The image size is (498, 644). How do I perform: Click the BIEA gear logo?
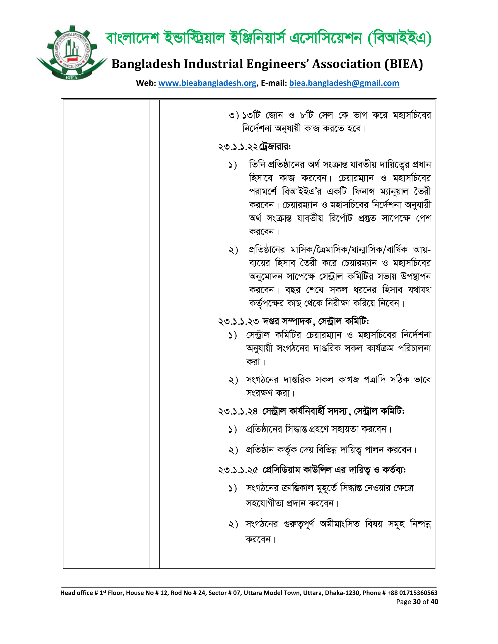point(71,53)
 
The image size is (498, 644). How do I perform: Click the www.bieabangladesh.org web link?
point(207,83)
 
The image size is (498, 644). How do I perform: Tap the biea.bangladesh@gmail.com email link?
point(344,83)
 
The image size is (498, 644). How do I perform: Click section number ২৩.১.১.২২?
point(238,147)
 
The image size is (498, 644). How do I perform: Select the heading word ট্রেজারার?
point(274,147)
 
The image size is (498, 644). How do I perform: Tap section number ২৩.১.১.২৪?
point(238,411)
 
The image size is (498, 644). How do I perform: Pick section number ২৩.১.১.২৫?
point(238,470)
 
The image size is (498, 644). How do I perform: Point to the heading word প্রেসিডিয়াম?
point(281,470)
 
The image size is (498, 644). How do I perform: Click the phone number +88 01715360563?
point(412,593)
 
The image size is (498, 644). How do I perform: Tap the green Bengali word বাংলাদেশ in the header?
point(132,38)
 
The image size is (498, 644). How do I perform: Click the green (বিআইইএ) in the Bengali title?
point(400,38)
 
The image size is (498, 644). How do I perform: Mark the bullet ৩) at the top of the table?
point(233,115)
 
